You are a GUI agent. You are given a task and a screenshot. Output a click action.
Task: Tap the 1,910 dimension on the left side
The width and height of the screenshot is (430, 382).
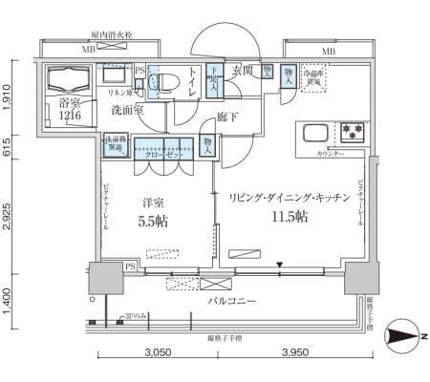(9, 96)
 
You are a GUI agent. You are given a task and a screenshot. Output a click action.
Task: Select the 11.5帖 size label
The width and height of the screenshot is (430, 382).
(289, 217)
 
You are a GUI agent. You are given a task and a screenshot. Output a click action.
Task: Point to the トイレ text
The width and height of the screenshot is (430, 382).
(194, 83)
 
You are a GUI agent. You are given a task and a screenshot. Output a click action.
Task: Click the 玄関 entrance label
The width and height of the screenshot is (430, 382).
(242, 70)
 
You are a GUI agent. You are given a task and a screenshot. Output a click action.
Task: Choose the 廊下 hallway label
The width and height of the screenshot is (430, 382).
(227, 117)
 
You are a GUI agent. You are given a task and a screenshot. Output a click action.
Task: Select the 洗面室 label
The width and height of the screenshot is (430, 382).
(126, 111)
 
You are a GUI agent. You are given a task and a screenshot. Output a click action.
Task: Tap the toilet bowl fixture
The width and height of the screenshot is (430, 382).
(164, 83)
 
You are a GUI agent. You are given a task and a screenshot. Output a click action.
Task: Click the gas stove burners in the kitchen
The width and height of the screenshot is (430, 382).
(351, 131)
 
